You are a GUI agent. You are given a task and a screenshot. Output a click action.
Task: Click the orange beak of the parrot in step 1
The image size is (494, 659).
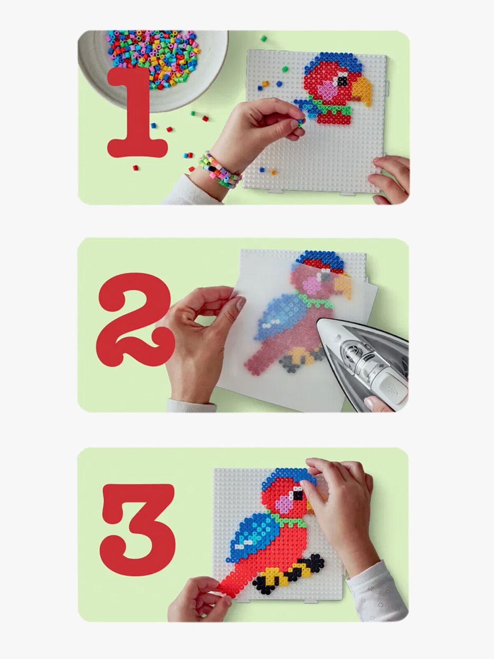coord(362,91)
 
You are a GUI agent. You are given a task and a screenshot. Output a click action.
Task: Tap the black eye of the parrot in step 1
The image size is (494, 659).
coord(342,80)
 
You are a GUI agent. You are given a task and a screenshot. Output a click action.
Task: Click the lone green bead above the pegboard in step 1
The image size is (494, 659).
coord(263,38)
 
